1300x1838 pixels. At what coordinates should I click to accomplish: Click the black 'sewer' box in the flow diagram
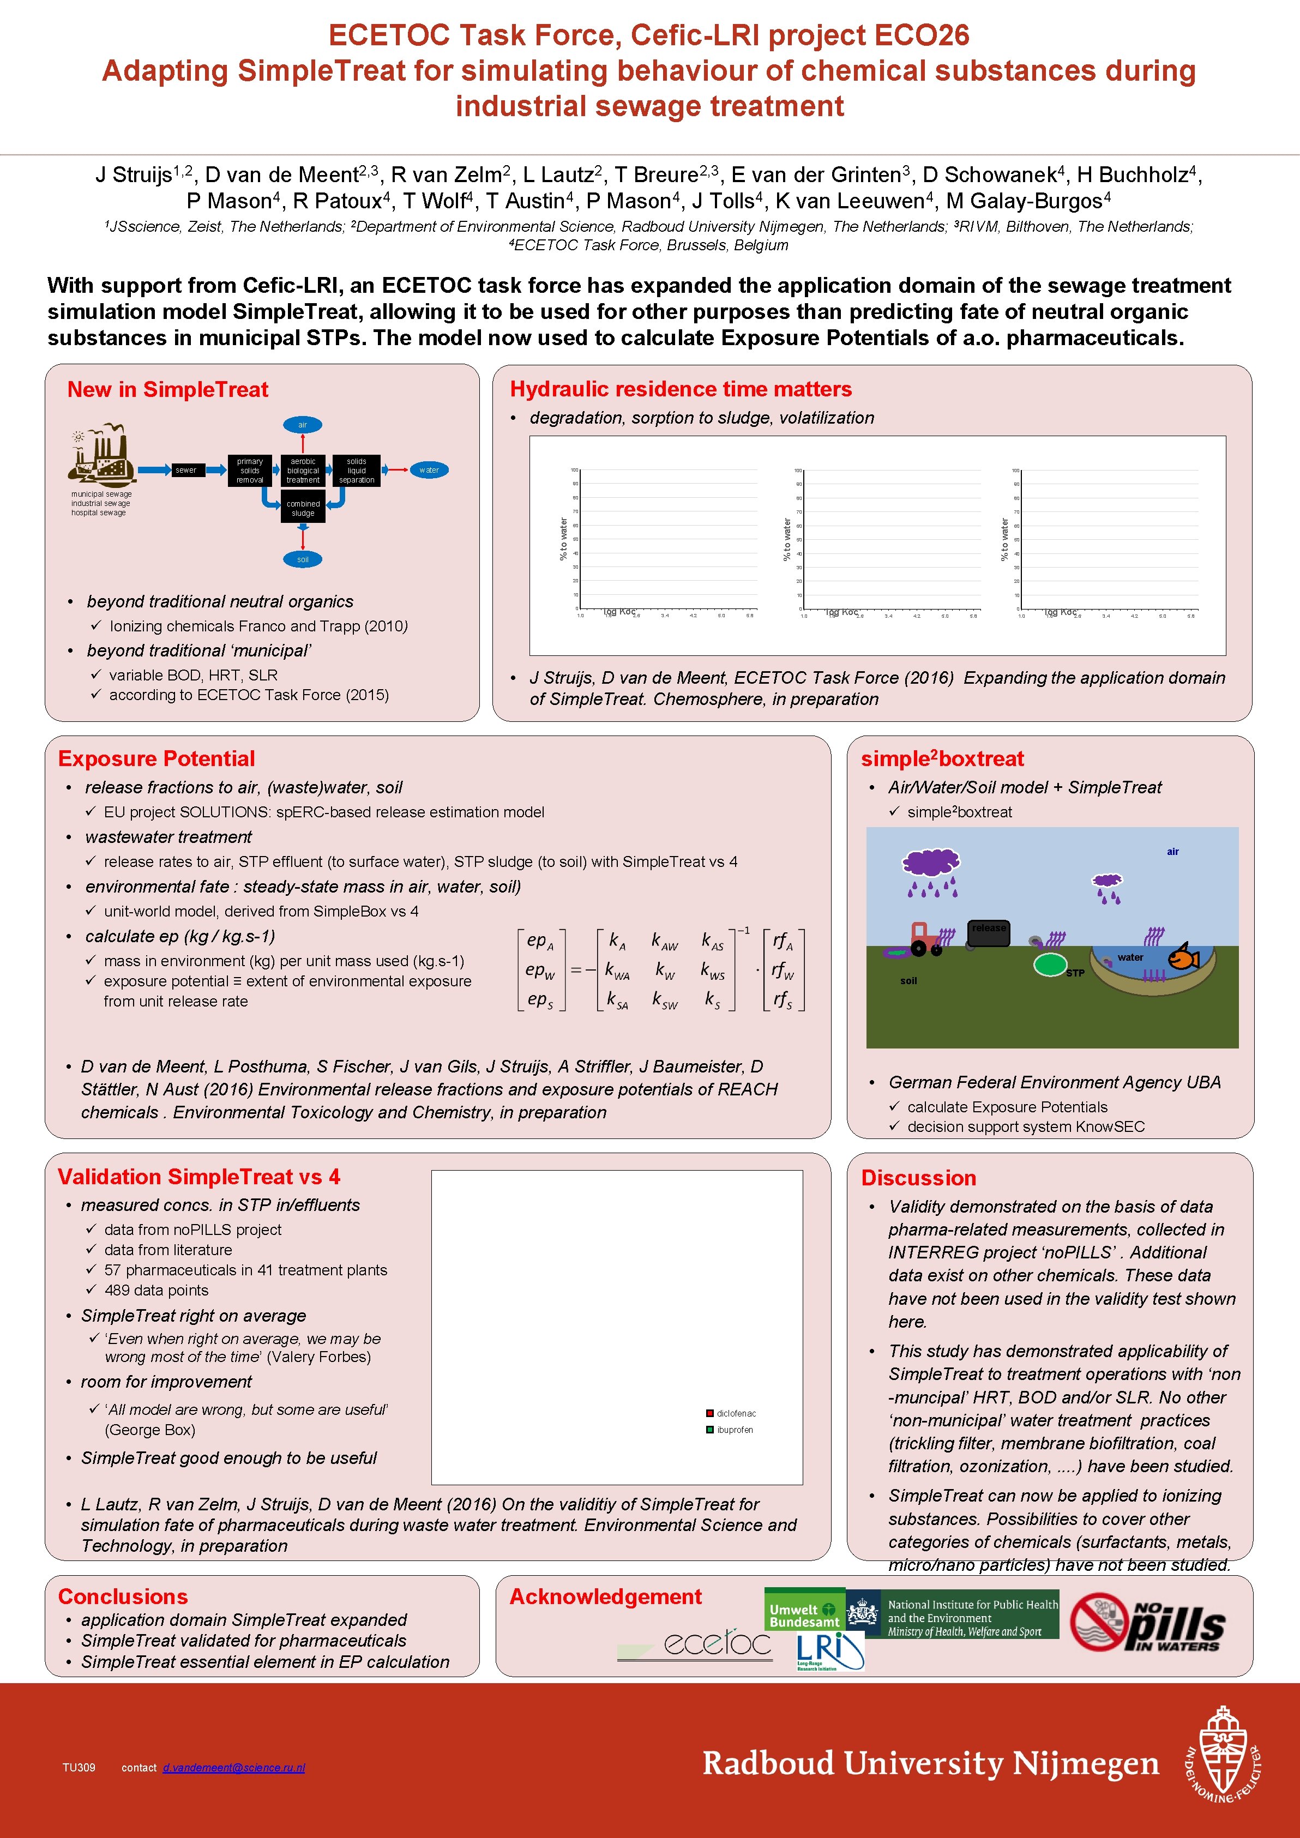pos(186,470)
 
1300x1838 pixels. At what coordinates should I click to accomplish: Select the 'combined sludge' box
pos(303,508)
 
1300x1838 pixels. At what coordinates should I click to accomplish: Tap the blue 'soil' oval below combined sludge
pos(303,559)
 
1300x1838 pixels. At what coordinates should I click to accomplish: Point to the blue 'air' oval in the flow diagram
pos(303,425)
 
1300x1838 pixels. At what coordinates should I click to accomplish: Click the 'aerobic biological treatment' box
pos(303,471)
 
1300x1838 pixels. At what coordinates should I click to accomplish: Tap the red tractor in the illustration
pos(925,939)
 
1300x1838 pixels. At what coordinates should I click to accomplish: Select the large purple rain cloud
pos(931,863)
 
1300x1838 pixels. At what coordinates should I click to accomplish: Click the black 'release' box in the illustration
pos(989,932)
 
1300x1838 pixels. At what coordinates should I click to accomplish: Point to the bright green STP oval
pos(1050,965)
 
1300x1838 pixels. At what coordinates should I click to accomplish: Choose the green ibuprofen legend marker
pos(710,1430)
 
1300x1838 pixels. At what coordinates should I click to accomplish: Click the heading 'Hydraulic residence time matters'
pos(681,389)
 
